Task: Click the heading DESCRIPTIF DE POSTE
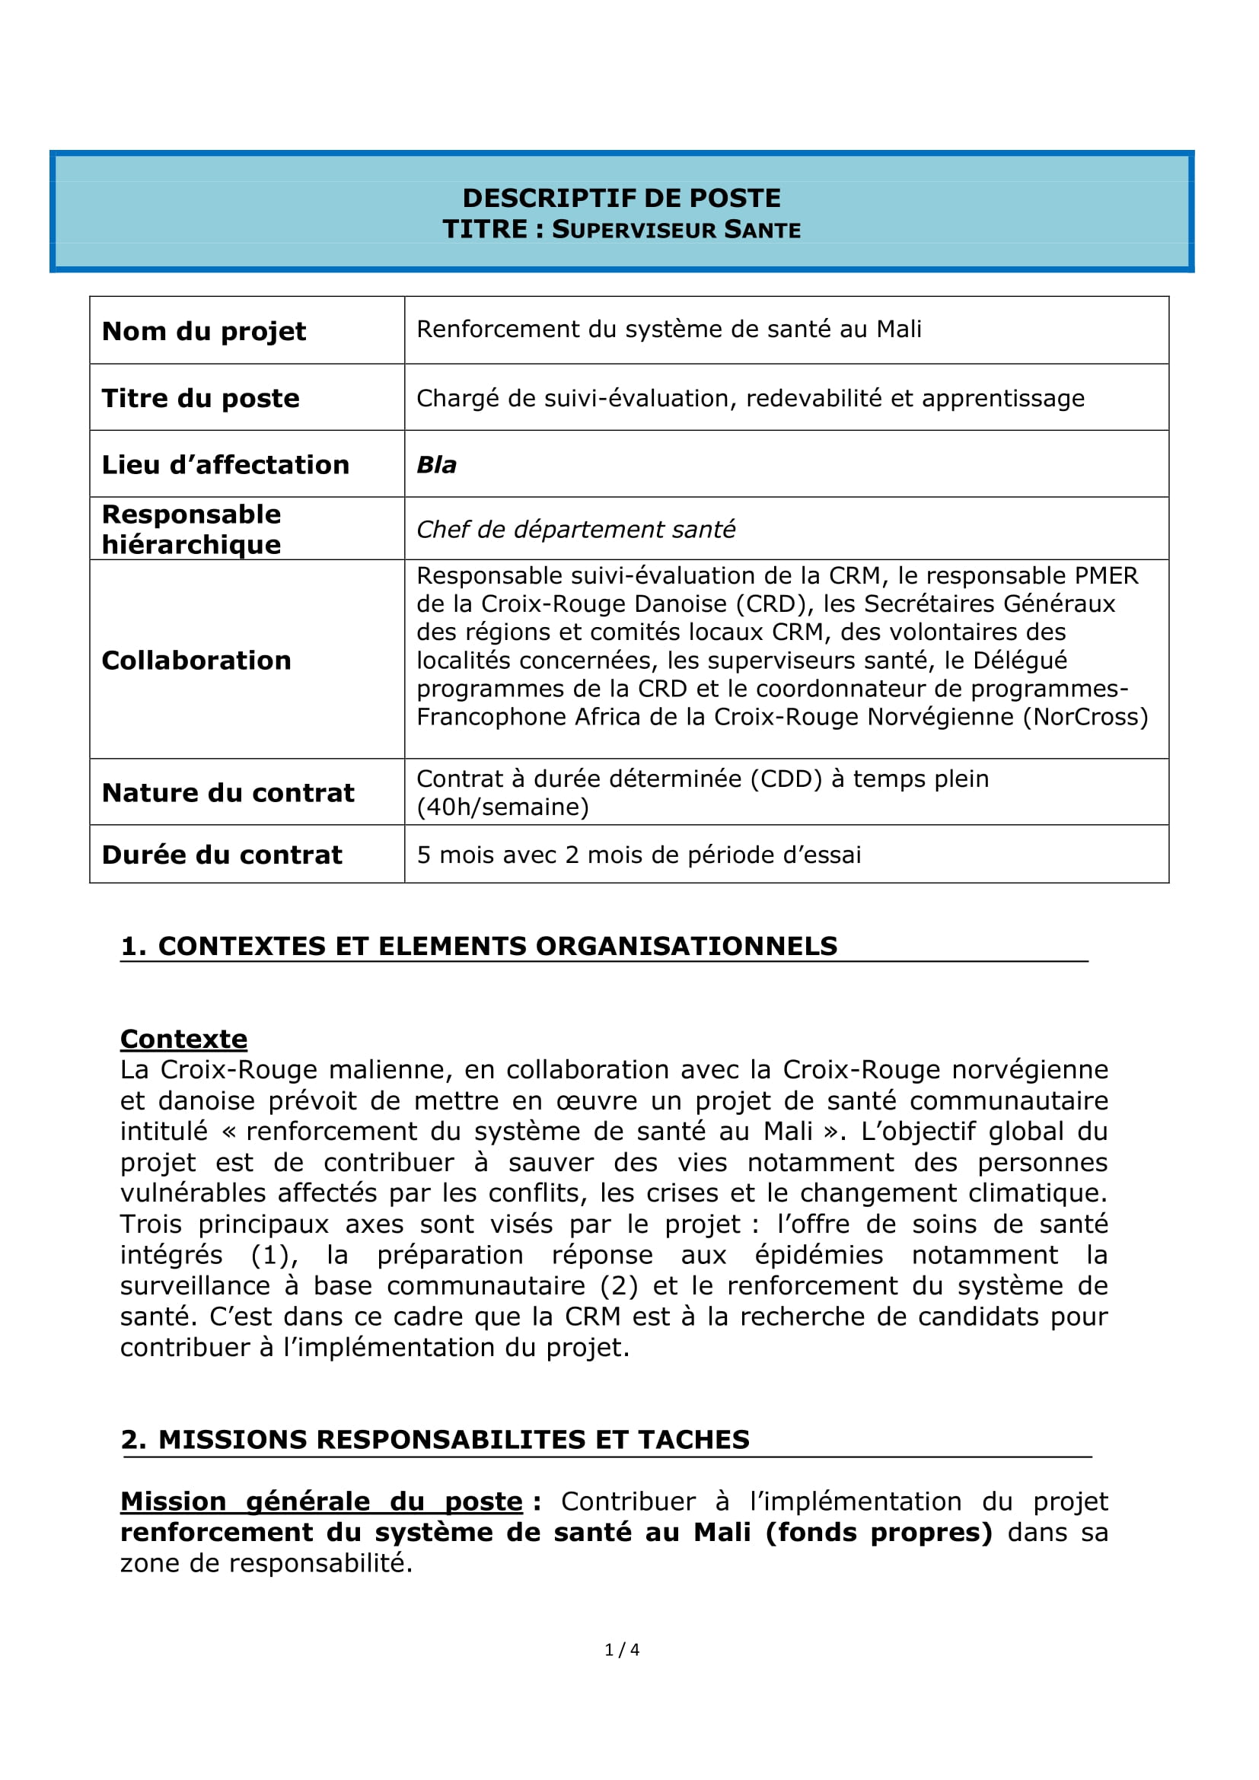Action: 621,199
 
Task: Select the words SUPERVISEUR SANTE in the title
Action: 676,231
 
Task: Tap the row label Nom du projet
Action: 204,331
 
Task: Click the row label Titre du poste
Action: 201,399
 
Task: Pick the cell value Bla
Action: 436,465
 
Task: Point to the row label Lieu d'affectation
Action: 225,465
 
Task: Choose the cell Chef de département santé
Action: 575,530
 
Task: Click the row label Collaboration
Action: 196,661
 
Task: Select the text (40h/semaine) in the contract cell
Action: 502,807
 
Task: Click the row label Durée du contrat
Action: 222,855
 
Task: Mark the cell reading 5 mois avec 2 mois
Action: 639,855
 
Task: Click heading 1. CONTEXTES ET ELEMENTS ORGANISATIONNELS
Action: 479,947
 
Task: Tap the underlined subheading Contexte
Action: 183,1039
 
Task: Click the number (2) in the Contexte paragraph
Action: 619,1286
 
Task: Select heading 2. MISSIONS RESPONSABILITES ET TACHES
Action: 435,1440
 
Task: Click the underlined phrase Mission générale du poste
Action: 322,1501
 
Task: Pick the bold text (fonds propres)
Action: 879,1533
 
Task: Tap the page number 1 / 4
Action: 622,1650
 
